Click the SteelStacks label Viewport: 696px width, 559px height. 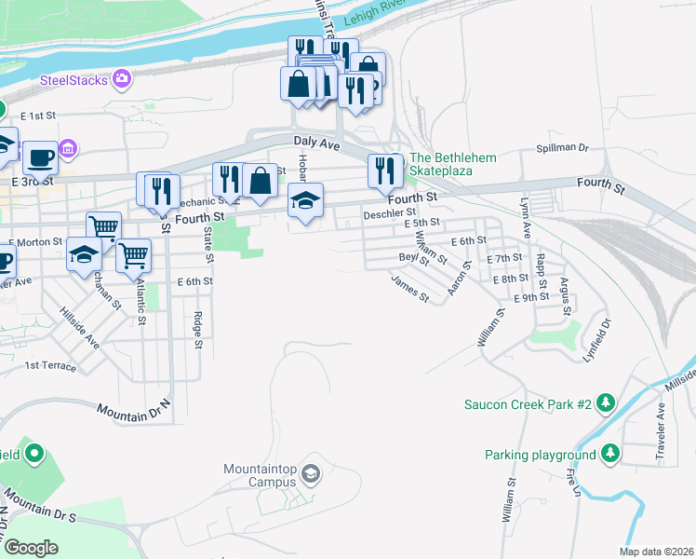pyautogui.click(x=74, y=80)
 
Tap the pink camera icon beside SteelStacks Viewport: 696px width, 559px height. pyautogui.click(x=122, y=79)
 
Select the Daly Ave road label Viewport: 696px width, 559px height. pyautogui.click(x=315, y=141)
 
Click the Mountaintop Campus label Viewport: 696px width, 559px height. pyautogui.click(x=261, y=475)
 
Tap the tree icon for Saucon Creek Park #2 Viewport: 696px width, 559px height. pyautogui.click(x=606, y=402)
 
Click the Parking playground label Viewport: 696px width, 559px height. pyautogui.click(x=540, y=455)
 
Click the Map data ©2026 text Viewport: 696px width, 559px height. pyautogui.click(x=656, y=552)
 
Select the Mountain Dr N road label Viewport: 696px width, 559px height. pyautogui.click(x=134, y=411)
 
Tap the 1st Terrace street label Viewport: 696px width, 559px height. pyautogui.click(x=50, y=366)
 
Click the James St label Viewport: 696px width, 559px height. pyautogui.click(x=409, y=288)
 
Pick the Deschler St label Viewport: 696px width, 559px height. pyautogui.click(x=389, y=213)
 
